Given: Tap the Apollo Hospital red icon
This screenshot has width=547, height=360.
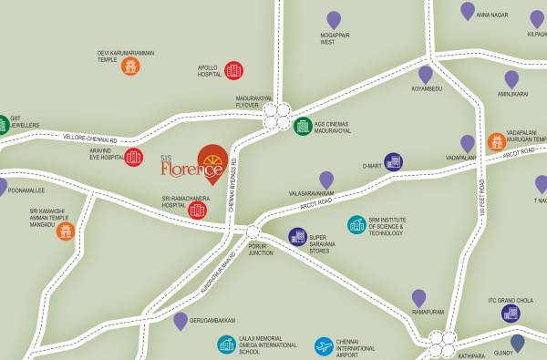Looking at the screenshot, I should coord(233,70).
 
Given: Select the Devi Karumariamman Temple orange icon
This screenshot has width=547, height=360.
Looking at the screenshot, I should coord(131,66).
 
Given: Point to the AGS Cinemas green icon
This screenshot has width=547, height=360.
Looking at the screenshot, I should coord(303,126).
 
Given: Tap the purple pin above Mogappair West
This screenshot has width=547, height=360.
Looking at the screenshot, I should coord(334,19).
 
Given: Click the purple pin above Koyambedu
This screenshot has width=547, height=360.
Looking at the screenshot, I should coord(426,74).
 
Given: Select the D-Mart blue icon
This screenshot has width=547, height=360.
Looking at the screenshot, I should coord(393,162).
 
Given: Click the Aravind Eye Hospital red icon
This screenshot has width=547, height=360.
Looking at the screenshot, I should coord(134,157).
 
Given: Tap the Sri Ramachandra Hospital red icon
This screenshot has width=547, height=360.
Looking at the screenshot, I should coord(198,211).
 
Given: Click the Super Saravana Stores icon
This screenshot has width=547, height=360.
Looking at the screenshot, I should coord(297,237).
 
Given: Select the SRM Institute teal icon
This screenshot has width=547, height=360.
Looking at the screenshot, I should coord(356,224).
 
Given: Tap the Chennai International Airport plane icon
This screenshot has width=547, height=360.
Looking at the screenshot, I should coord(323,346).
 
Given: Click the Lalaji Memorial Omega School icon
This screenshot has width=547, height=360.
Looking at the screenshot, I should coord(227,345).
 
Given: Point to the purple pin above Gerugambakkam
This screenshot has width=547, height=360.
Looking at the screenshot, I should coord(181,320).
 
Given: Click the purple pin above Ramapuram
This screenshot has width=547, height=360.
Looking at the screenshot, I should coord(418,297).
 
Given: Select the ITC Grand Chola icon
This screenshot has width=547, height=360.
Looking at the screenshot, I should coord(511,314).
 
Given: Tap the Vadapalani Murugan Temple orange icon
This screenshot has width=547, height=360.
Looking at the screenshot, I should coord(496,141).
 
